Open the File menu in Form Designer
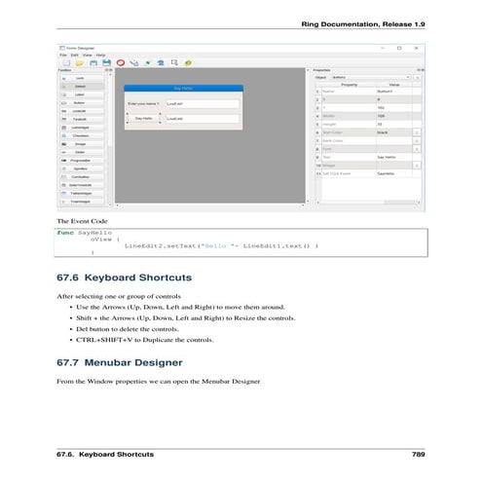click(x=60, y=56)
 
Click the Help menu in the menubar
click(x=100, y=56)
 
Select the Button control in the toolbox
click(x=81, y=102)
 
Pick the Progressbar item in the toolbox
click(x=81, y=161)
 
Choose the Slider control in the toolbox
click(x=81, y=152)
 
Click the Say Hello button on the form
click(x=143, y=118)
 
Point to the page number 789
click(x=418, y=455)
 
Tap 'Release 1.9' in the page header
click(x=399, y=23)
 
